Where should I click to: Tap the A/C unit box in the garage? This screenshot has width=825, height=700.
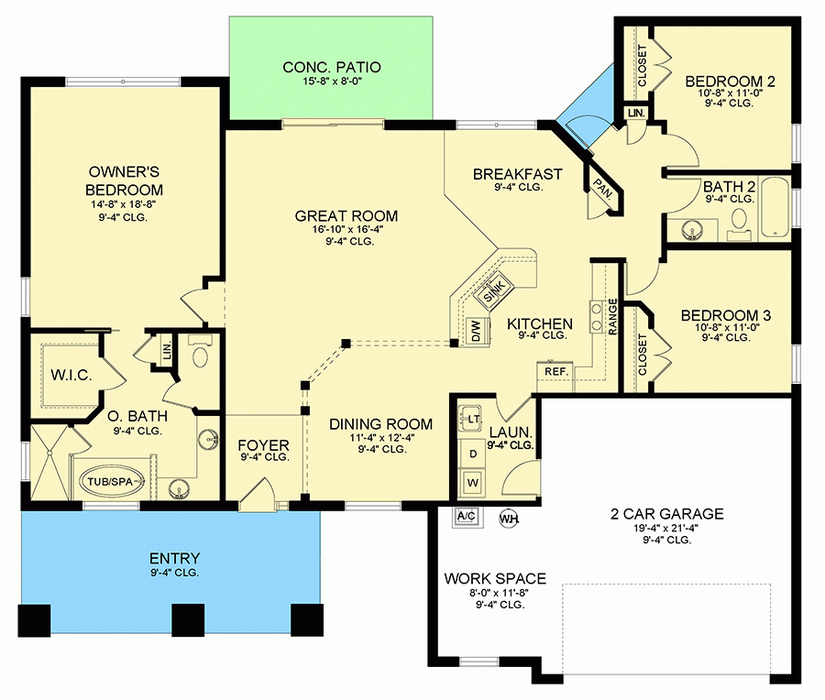[x=466, y=516]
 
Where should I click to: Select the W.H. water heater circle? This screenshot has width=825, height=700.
[x=508, y=519]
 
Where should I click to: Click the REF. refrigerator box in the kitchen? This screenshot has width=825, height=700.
[x=555, y=372]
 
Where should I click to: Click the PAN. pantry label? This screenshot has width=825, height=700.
[x=601, y=188]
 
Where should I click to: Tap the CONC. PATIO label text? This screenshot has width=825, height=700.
[x=331, y=67]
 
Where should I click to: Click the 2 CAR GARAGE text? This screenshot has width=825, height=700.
[x=666, y=514]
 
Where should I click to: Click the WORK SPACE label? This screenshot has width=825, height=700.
[x=495, y=579]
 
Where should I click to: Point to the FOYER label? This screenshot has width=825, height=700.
[x=264, y=445]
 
